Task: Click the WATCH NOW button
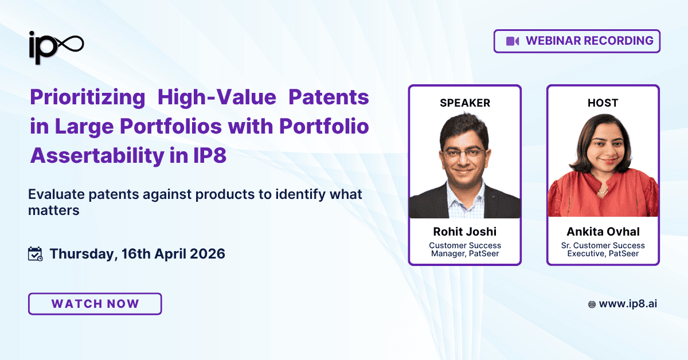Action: coord(95,304)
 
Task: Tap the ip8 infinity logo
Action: coord(56,45)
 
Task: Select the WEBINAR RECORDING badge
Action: coord(577,41)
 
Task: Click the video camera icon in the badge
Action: coord(512,41)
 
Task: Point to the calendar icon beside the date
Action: coord(36,253)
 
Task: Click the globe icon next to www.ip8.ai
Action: coord(592,304)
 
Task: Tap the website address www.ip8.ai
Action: coord(628,304)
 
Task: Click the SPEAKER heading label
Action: coord(465,103)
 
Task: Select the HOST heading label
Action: coord(603,103)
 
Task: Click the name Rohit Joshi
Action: coord(465,232)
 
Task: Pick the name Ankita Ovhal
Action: coord(603,232)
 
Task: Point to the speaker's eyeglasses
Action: coord(463,154)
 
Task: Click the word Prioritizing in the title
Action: coord(87,97)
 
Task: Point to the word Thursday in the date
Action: coord(83,253)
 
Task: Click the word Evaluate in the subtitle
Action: coord(53,194)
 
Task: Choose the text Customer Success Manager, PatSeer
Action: coord(465,249)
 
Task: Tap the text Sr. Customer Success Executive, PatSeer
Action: coord(603,249)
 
